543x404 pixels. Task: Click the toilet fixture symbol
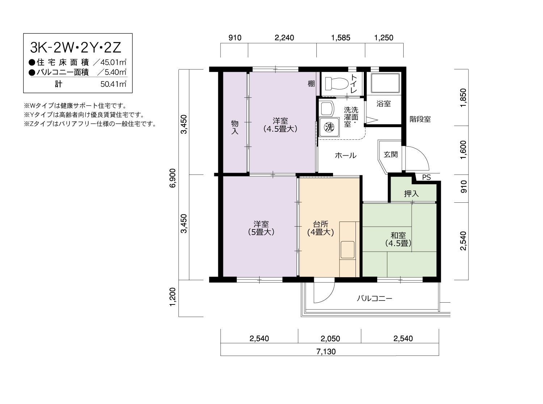(x=337, y=84)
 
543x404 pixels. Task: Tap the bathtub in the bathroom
(x=385, y=83)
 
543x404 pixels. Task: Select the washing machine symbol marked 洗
(x=329, y=127)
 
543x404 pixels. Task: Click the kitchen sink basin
(x=348, y=249)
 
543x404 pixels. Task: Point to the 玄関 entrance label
(x=391, y=154)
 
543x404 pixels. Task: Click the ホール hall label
(x=345, y=155)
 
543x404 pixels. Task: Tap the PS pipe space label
(x=426, y=177)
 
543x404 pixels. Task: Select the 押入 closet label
(x=411, y=194)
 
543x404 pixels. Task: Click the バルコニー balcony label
(x=374, y=298)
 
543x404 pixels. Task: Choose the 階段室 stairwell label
(x=420, y=119)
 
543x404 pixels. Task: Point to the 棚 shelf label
(x=311, y=84)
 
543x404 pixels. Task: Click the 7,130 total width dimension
(x=326, y=352)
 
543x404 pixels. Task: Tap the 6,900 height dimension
(x=173, y=178)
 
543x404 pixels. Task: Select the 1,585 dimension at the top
(x=341, y=38)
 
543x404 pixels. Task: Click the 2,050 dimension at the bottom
(x=330, y=338)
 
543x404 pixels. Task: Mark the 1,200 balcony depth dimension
(x=173, y=297)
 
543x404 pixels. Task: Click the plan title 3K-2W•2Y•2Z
(x=76, y=47)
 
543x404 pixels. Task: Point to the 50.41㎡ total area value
(x=113, y=84)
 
